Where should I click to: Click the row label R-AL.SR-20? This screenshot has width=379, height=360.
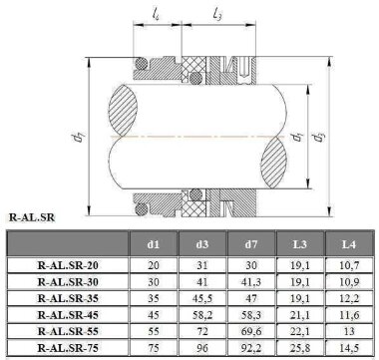click(67, 267)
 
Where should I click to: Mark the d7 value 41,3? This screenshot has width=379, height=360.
click(249, 282)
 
